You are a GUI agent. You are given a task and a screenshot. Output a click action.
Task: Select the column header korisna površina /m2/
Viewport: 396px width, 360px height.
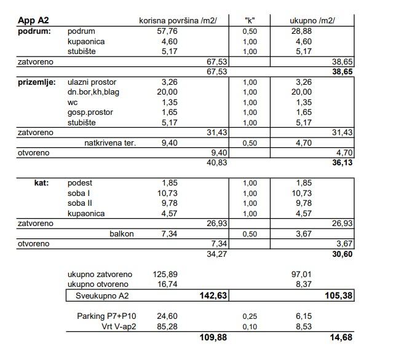[x=178, y=20]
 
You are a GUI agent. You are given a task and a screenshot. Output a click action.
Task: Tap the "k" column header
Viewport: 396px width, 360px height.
[x=250, y=20]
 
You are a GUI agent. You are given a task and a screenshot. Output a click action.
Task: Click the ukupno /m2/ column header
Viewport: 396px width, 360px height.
[x=312, y=20]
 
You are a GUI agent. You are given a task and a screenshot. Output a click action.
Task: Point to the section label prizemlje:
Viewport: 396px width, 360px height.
[x=37, y=82]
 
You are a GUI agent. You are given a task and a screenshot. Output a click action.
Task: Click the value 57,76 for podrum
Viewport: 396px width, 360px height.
[x=167, y=31]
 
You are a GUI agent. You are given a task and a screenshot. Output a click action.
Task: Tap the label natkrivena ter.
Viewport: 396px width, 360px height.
[x=110, y=143]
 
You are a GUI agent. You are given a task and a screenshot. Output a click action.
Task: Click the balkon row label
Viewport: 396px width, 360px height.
[x=122, y=234]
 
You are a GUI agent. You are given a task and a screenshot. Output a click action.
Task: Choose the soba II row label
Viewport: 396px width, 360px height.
[x=81, y=203]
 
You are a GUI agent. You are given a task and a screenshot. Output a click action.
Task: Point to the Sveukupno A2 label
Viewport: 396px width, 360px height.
[x=103, y=296]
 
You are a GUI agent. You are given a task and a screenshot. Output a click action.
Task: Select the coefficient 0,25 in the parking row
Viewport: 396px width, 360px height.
[x=250, y=316]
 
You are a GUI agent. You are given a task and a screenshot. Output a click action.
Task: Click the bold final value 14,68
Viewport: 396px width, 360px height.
[x=341, y=337]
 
